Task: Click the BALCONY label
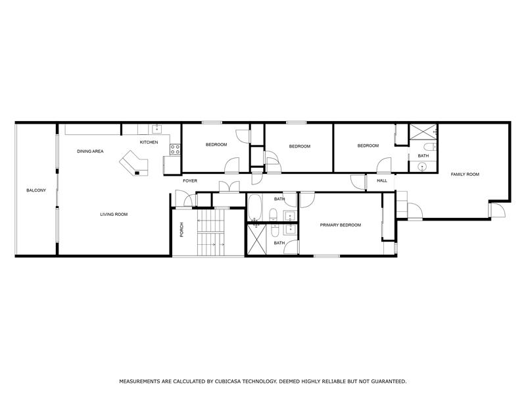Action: click(x=36, y=190)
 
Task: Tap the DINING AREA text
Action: click(x=90, y=151)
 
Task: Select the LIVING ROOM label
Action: click(x=114, y=214)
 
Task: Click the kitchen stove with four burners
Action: click(x=176, y=149)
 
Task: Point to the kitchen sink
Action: click(x=157, y=129)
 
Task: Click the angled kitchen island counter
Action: click(x=133, y=162)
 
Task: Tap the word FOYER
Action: click(x=190, y=180)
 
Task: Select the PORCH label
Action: click(x=181, y=229)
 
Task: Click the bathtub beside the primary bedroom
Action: click(x=255, y=209)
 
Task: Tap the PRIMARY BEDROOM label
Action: click(x=341, y=225)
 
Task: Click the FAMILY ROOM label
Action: click(x=464, y=174)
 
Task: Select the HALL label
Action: click(x=382, y=180)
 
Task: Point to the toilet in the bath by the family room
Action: click(x=428, y=146)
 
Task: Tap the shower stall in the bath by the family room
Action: click(x=421, y=131)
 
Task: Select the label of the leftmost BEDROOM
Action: click(x=216, y=145)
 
